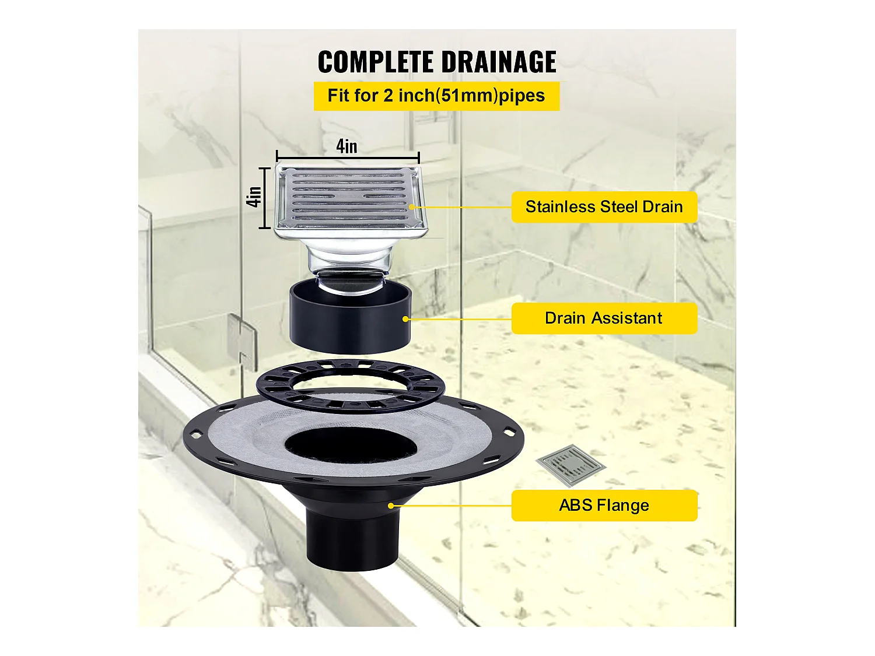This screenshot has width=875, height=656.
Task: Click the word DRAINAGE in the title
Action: pos(498,62)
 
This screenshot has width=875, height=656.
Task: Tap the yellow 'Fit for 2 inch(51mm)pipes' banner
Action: pos(436,96)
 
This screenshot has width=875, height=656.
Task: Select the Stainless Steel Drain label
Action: pos(604,207)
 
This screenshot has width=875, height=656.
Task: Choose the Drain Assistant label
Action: pos(604,318)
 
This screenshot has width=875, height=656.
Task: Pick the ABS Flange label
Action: pos(604,505)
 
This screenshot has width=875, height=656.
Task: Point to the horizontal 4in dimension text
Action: pos(346,146)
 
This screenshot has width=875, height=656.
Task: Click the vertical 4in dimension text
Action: pos(254,197)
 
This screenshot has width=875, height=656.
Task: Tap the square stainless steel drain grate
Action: pos(349,198)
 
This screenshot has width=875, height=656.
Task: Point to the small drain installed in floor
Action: pos(570,464)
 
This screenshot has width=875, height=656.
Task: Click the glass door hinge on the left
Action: pos(242,341)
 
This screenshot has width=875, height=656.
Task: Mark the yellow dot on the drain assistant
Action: pos(406,319)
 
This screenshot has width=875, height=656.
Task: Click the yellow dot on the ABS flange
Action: pos(391,506)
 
